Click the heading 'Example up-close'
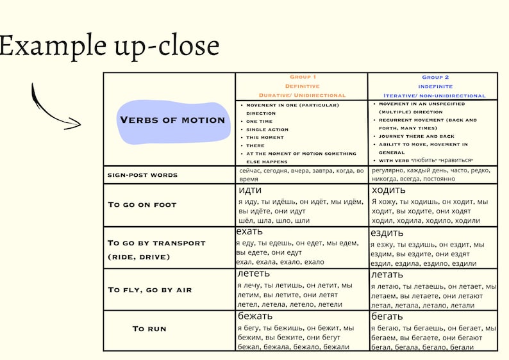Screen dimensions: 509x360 pos(110,46)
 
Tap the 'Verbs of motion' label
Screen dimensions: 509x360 pos(172,120)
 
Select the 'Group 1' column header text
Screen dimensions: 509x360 pos(303,77)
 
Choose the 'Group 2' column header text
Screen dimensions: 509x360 pos(435,78)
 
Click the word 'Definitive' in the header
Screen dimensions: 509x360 pos(302,86)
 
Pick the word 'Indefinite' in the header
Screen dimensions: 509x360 pos(435,86)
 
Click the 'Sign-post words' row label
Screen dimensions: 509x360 pos(142,175)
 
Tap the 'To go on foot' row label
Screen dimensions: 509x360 pos(142,205)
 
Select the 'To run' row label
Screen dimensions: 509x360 pos(149,329)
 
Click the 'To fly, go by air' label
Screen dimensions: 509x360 pos(150,290)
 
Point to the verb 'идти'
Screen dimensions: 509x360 pos(250,190)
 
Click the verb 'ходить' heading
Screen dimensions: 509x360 pos(388,190)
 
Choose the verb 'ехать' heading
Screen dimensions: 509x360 pos(249,232)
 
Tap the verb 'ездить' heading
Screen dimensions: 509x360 pos(387,233)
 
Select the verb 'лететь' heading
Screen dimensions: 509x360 pos(253,274)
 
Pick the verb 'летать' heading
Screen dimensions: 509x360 pos(387,275)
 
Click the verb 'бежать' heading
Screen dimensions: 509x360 pos(255,316)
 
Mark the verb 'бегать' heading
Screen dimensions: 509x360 pos(387,316)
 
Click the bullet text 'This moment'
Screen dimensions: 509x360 pos(265,138)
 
